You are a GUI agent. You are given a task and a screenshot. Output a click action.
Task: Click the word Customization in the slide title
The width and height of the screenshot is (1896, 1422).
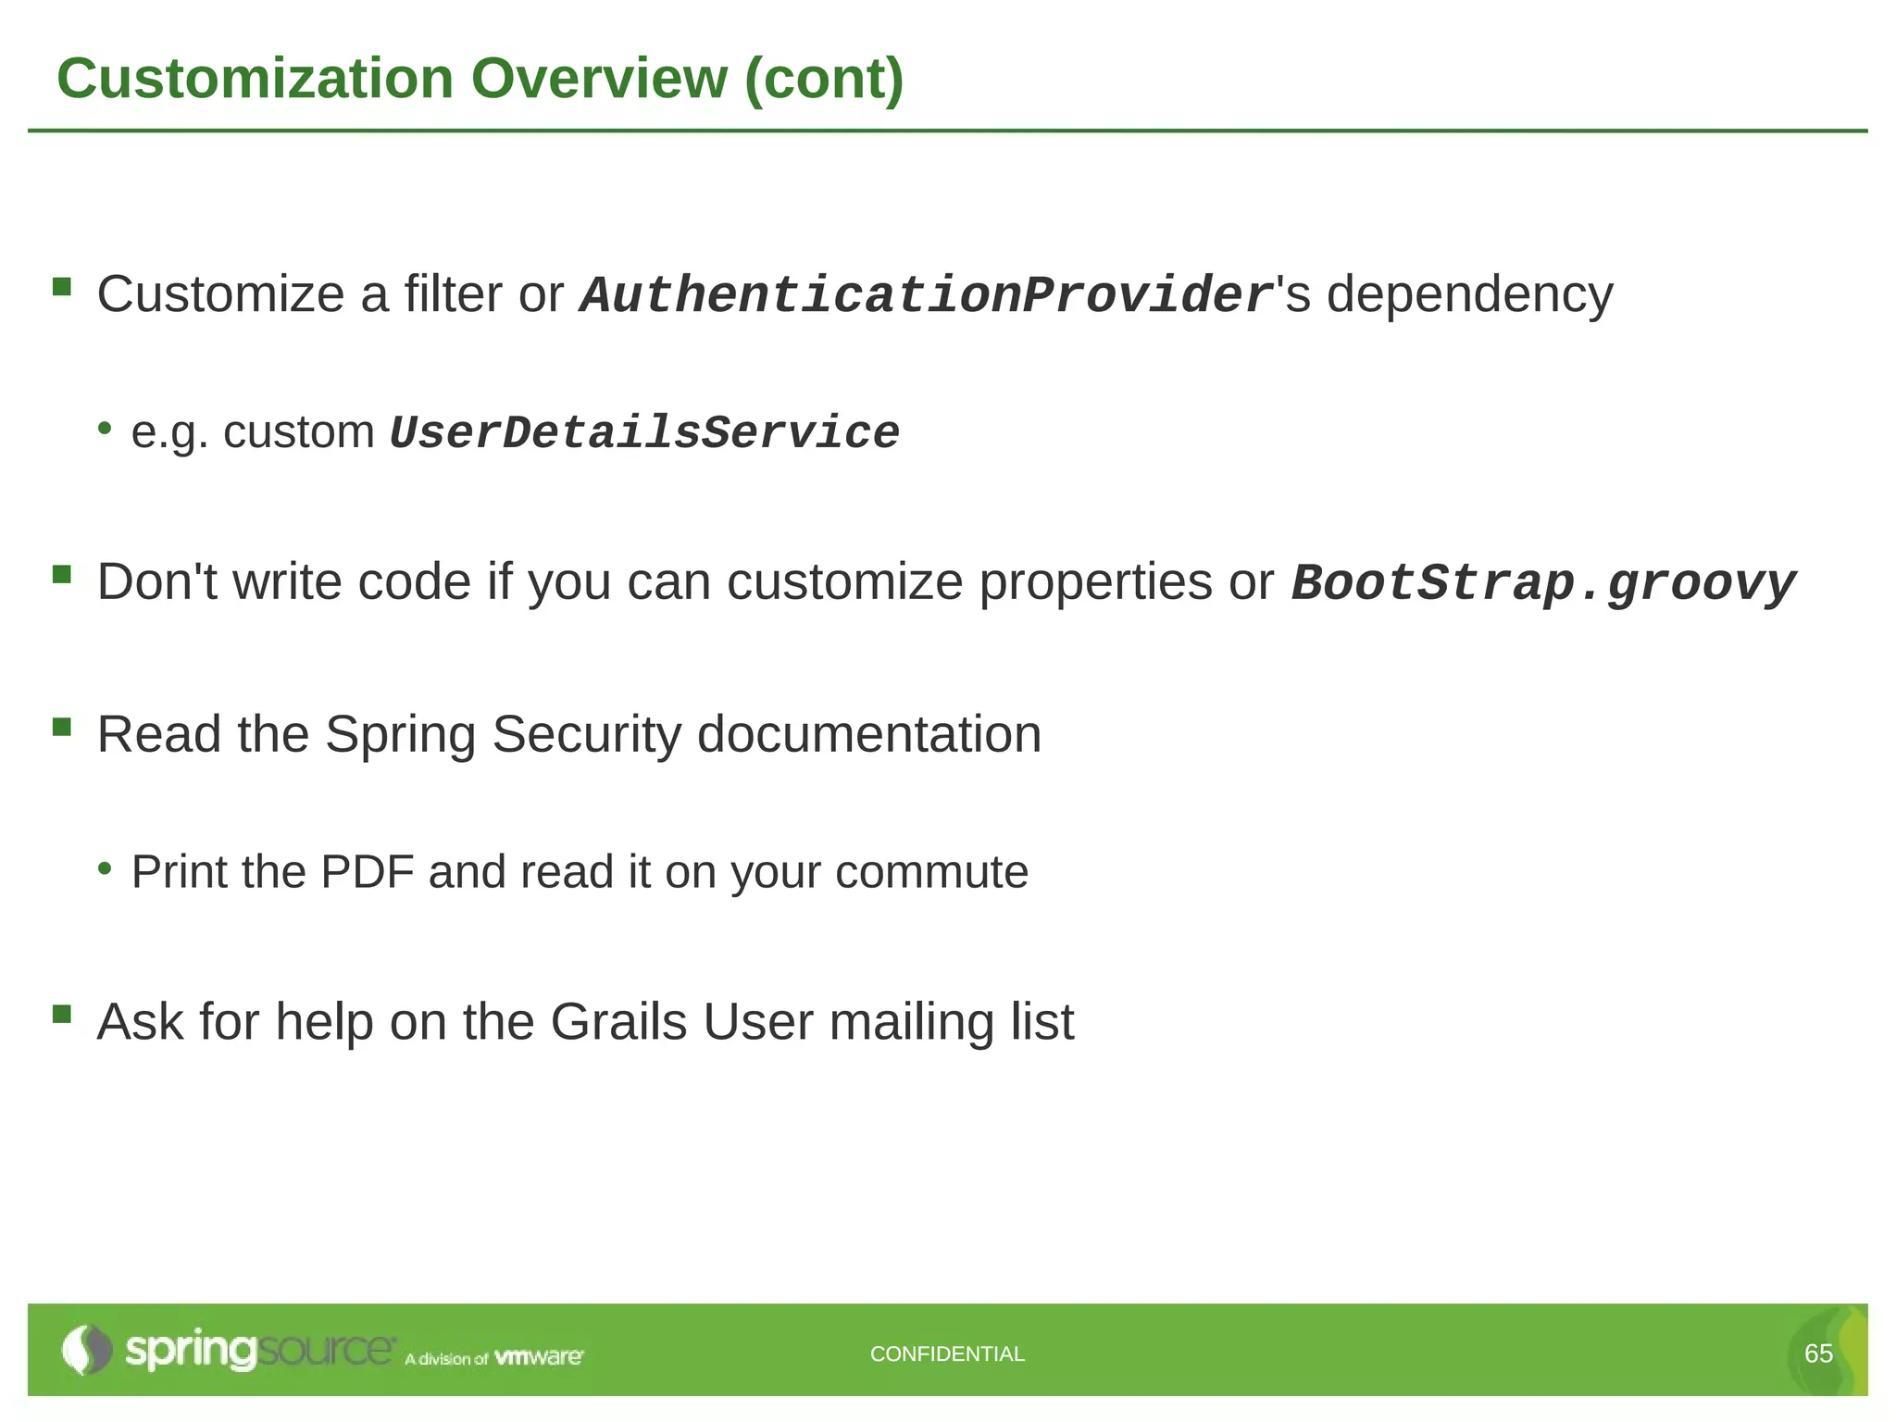[255, 79]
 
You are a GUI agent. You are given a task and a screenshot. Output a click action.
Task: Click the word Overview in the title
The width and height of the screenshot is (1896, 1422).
[599, 79]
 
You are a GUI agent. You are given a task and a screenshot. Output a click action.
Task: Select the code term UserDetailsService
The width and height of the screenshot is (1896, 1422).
[644, 433]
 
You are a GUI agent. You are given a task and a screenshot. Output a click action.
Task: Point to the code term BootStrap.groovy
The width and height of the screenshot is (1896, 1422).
[1543, 584]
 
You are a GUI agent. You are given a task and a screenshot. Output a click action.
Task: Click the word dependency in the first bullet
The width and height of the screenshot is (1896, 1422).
[1469, 296]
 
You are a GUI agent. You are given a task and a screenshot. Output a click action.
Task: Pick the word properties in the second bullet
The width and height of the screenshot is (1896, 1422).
[1096, 582]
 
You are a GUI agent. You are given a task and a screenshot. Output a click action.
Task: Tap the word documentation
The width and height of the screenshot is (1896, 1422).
[868, 735]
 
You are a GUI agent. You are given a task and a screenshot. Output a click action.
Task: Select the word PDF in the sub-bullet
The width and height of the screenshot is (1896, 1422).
[367, 872]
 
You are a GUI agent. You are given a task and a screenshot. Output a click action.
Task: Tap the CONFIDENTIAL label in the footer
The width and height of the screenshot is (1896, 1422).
[947, 1353]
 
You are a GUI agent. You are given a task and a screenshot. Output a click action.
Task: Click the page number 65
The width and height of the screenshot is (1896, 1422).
[1818, 1353]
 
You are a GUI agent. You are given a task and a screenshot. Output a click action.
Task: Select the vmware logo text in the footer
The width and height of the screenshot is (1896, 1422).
[539, 1357]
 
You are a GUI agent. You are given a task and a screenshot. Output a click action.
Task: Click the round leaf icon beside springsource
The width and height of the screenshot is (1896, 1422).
[86, 1350]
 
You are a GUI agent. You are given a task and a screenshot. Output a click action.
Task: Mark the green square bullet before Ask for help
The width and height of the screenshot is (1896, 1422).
[62, 1014]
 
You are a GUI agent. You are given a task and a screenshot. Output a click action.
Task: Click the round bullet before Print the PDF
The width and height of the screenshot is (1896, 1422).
[106, 868]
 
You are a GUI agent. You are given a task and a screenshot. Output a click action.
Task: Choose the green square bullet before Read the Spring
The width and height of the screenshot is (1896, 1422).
[62, 727]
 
